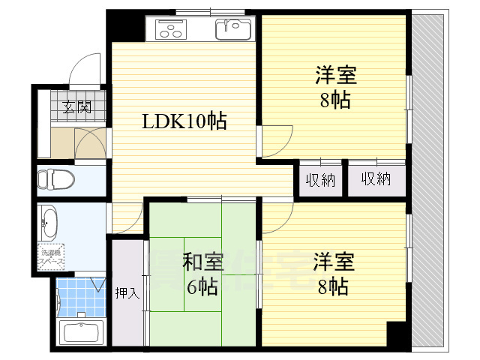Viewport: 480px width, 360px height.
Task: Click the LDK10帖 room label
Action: click(x=184, y=120)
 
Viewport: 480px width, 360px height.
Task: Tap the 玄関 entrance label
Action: click(x=76, y=106)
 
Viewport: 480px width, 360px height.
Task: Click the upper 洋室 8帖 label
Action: click(x=335, y=87)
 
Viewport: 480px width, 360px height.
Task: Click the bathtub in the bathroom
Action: click(x=82, y=332)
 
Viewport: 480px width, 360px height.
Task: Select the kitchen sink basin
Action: click(x=232, y=30)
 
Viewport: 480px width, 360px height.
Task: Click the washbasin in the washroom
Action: click(x=50, y=221)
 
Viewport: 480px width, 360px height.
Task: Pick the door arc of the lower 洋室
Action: click(x=278, y=217)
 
